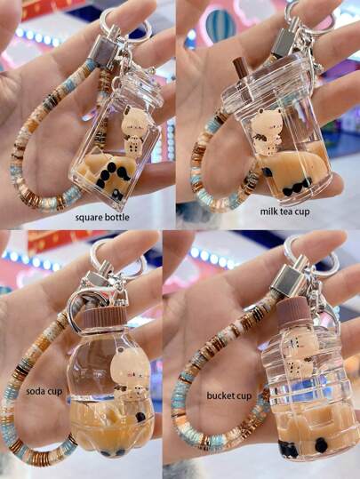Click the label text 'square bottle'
click(102, 218)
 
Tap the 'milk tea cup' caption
click(284, 212)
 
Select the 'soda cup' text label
click(44, 391)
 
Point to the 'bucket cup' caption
click(229, 396)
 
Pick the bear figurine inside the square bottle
click(134, 131)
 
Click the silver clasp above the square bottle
click(106, 52)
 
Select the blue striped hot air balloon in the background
click(220, 26)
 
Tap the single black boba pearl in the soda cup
click(140, 417)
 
